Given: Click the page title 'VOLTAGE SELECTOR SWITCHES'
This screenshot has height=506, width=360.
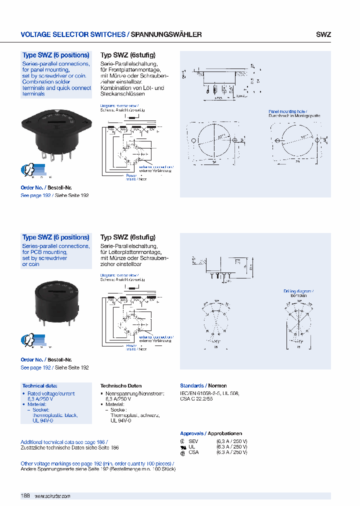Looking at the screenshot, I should pos(73,35).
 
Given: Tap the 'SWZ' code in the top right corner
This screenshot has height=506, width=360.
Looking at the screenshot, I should pos(323,35).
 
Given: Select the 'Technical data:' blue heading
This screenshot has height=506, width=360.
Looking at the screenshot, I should pos(40,386).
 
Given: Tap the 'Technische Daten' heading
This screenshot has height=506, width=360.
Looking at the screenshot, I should pos(121,386).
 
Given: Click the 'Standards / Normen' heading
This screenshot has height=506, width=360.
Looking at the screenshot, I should pos(203,386).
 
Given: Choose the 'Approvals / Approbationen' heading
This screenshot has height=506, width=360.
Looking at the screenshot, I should pos(211,433).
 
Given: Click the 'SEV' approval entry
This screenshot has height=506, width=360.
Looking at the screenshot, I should pos(193,441).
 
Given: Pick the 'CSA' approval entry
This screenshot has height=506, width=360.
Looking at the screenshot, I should pos(193,452).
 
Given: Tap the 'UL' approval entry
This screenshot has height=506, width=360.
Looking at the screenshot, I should pos(191,446).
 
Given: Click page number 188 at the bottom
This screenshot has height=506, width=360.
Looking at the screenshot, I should pos(25,495).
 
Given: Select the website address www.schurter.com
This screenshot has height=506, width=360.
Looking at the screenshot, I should pos(52,496).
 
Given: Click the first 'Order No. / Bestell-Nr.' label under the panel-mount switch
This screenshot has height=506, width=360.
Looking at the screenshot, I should pos(46,188).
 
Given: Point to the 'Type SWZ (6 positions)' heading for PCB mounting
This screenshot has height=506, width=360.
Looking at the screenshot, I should pos(56,237).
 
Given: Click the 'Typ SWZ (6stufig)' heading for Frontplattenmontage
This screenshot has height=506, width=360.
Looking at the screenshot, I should pos(128,55).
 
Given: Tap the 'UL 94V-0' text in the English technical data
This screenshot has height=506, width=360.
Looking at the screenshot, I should pos(42,421).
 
